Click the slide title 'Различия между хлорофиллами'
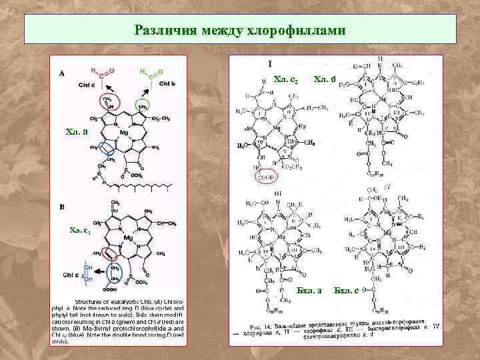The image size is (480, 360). click(239, 30)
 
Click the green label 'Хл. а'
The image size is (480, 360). click(77, 131)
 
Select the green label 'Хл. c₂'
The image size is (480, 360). click(285, 80)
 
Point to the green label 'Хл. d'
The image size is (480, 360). click(325, 80)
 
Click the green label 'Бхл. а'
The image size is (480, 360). click(309, 290)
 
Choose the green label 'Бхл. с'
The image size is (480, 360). click(347, 290)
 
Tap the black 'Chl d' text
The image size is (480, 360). click(87, 85)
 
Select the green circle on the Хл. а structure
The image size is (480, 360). click(142, 105)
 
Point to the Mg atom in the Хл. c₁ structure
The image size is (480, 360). click(128, 237)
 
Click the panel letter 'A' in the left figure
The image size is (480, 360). click(62, 74)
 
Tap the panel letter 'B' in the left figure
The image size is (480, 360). click(62, 207)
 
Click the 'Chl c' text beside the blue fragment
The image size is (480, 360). click(72, 274)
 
